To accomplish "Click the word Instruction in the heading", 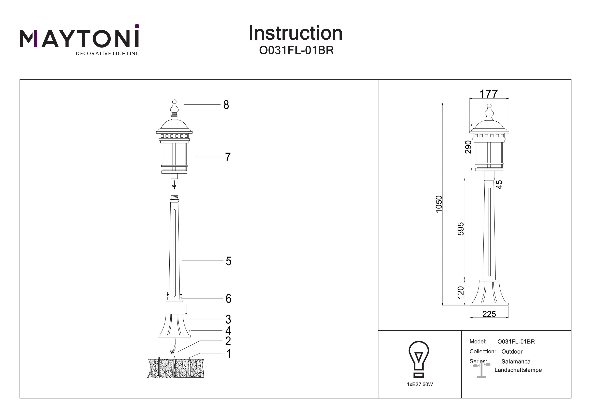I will [x=295, y=33].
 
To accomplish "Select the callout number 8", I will [x=226, y=105].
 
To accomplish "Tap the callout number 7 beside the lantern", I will [x=228, y=157].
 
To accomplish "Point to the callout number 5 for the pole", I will [x=228, y=261].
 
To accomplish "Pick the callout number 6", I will [x=228, y=299].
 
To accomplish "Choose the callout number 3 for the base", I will [x=228, y=319].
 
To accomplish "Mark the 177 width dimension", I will [x=489, y=94].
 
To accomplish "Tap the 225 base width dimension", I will [x=489, y=314].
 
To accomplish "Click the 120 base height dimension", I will [x=461, y=292].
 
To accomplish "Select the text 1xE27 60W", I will [x=420, y=384].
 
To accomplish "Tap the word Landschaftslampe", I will [x=518, y=370].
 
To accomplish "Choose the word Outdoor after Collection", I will [x=512, y=352].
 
